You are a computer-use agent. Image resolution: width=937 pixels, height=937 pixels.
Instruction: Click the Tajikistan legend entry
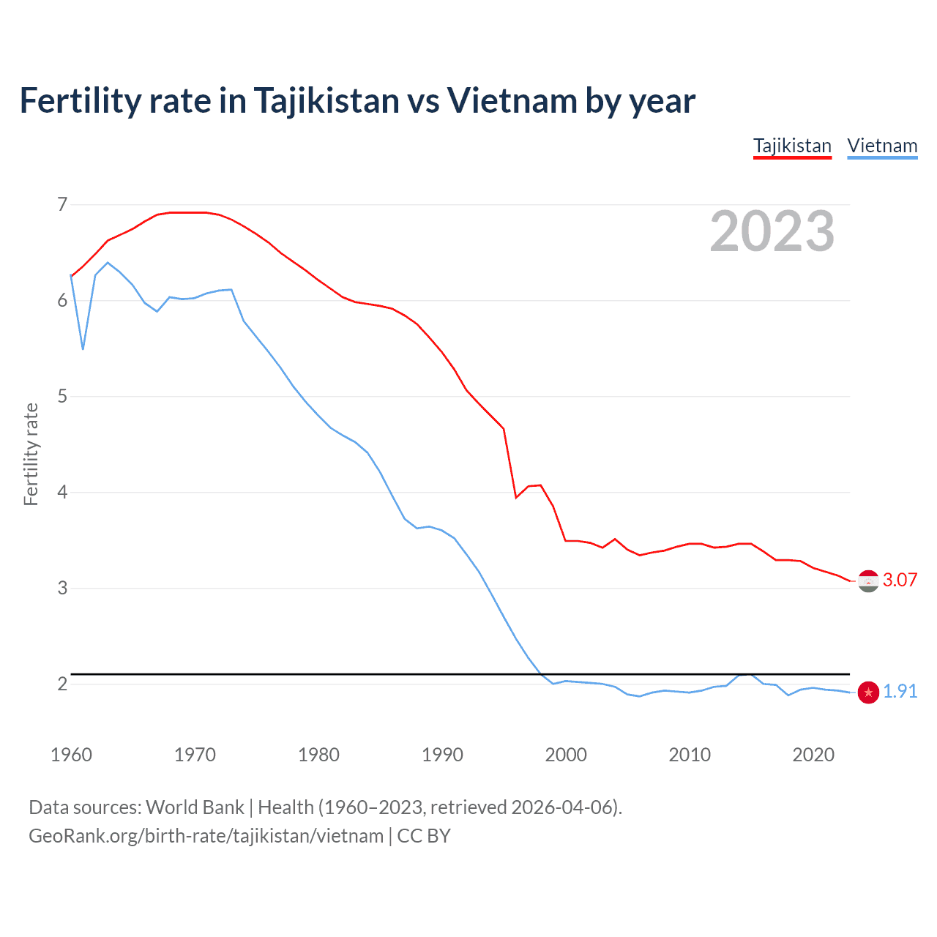(x=792, y=146)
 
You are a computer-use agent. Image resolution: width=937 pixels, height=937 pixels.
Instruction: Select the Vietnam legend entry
(x=882, y=146)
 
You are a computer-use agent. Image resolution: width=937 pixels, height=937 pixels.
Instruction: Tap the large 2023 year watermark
(x=772, y=231)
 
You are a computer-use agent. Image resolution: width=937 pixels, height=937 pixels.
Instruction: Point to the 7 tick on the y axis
(x=62, y=204)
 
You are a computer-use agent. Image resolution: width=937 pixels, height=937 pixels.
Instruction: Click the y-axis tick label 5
(x=62, y=396)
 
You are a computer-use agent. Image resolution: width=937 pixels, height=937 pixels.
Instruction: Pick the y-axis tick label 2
(x=62, y=684)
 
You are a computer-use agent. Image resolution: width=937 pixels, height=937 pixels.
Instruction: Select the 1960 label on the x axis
(x=71, y=755)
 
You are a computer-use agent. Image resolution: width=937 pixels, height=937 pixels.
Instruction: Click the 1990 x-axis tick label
(x=442, y=755)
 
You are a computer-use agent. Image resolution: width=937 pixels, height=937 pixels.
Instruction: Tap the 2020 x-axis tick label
(x=813, y=755)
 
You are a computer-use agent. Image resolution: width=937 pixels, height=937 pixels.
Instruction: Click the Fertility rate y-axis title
(x=31, y=454)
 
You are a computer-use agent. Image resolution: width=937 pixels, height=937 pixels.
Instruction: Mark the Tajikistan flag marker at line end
(x=868, y=581)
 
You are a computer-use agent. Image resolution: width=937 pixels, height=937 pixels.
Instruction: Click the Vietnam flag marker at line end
(x=868, y=693)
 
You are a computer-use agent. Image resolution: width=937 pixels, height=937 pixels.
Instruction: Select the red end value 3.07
(x=900, y=580)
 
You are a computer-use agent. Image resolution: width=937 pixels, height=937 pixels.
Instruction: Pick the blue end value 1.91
(x=900, y=691)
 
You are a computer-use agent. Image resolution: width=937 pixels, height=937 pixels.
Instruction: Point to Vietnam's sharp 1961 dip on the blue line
(x=83, y=348)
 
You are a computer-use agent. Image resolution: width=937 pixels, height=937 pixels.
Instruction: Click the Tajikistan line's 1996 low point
(x=516, y=497)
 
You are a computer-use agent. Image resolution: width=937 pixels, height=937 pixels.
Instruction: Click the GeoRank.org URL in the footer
(x=206, y=836)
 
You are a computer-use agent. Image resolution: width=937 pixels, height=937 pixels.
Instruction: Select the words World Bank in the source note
(x=195, y=807)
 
